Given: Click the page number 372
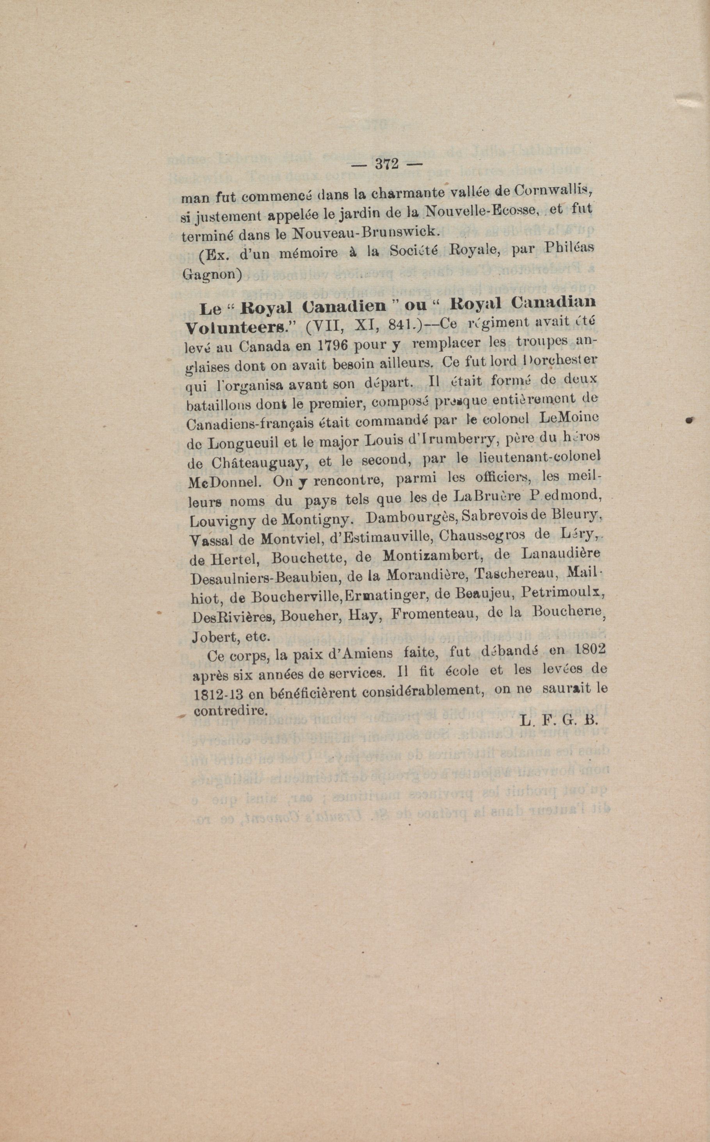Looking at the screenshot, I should pos(386,164).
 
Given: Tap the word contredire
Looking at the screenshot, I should pos(230,710).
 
